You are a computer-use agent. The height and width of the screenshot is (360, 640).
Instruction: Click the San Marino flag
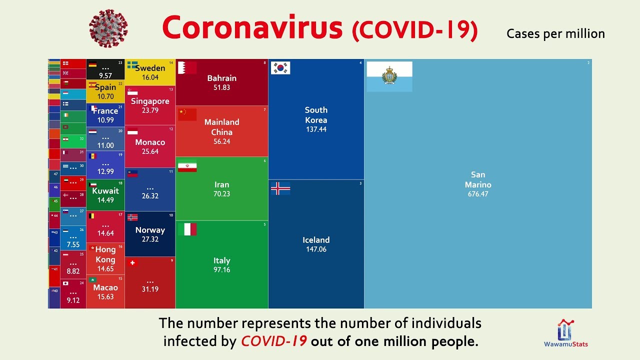click(x=389, y=76)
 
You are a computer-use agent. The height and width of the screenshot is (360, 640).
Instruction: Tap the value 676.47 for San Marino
click(x=477, y=194)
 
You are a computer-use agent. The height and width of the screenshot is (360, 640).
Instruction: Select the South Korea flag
click(x=280, y=68)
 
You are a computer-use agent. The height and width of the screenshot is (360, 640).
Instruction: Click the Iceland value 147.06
click(x=316, y=249)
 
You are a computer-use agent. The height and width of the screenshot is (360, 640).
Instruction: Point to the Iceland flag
click(x=280, y=188)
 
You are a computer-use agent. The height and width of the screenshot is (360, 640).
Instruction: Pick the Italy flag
click(x=187, y=229)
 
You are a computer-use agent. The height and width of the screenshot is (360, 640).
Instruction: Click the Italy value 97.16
click(x=221, y=270)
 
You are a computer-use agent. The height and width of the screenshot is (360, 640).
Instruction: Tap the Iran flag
click(x=187, y=166)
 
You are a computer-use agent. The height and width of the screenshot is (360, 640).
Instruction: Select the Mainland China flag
click(x=187, y=114)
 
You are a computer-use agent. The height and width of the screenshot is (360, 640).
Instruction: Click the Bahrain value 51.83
click(x=221, y=87)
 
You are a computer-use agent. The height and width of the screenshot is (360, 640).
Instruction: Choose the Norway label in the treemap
click(x=150, y=230)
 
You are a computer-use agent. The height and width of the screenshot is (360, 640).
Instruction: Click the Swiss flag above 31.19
click(x=132, y=263)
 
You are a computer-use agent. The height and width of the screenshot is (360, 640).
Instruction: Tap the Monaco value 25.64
click(x=150, y=151)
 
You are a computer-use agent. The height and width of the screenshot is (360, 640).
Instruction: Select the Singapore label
click(x=150, y=101)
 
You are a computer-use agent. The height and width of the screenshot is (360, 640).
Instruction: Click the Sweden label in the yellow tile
click(x=150, y=68)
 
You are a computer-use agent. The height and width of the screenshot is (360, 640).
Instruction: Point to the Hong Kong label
click(x=105, y=254)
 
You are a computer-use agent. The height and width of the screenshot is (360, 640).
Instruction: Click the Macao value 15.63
click(x=105, y=296)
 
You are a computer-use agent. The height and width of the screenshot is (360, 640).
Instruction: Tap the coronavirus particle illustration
click(x=108, y=28)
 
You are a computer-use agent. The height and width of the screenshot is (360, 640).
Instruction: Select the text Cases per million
click(x=555, y=33)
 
